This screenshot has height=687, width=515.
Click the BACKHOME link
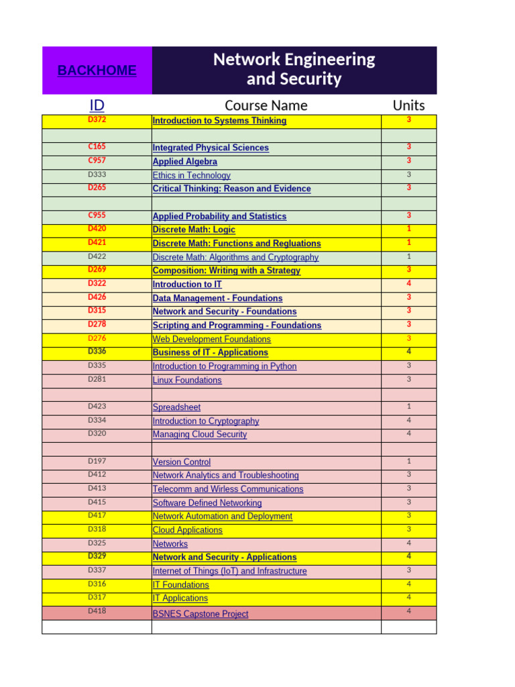click(97, 70)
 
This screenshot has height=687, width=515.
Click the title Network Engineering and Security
click(294, 69)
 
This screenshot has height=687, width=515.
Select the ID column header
click(97, 105)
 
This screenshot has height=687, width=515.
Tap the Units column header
click(408, 105)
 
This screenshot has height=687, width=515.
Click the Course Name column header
click(266, 105)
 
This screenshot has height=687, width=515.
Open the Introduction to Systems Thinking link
click(219, 121)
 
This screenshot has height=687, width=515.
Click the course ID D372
click(97, 120)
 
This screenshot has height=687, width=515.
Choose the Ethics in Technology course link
click(191, 175)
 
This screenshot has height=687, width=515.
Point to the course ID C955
click(97, 215)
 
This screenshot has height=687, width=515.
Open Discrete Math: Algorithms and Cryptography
click(235, 257)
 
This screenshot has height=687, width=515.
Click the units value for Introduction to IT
click(408, 284)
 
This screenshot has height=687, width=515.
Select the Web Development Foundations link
click(211, 339)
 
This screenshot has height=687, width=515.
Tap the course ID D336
click(97, 352)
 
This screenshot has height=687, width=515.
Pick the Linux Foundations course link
click(186, 380)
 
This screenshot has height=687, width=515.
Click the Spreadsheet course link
click(176, 407)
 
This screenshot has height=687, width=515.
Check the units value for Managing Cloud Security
click(408, 434)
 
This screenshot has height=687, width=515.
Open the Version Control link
click(181, 462)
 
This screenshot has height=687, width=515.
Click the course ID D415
click(97, 502)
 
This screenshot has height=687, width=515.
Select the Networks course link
click(170, 543)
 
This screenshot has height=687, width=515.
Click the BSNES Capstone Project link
click(200, 614)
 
